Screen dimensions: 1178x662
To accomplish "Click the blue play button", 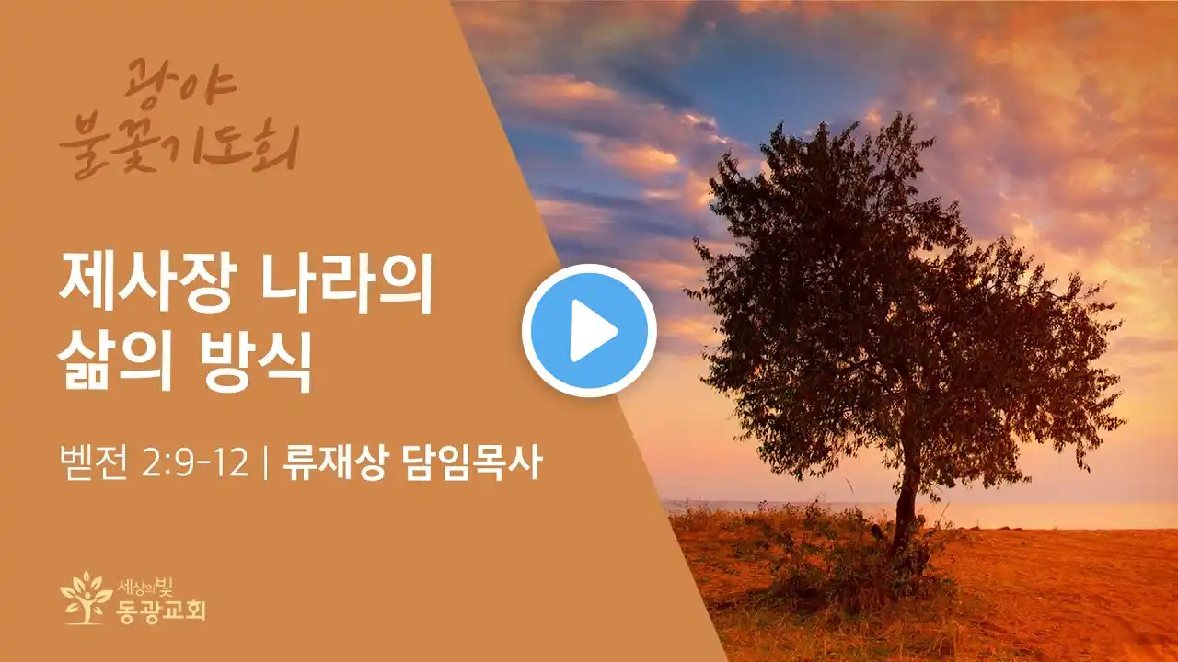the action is pyautogui.click(x=589, y=330).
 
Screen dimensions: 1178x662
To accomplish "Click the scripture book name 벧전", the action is pyautogui.click(x=94, y=462).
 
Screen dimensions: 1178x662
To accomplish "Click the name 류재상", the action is pyautogui.click(x=334, y=462).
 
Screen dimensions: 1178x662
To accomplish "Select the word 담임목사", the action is pyautogui.click(x=472, y=462).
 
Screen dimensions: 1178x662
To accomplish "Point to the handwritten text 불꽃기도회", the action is pyautogui.click(x=179, y=148).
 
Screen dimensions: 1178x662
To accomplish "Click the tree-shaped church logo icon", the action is pyautogui.click(x=87, y=598).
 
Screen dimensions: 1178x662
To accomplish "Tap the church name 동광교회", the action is pyautogui.click(x=161, y=610).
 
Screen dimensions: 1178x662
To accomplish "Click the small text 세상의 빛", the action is pyautogui.click(x=145, y=586).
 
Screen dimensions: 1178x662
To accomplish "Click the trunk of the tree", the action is pyautogui.click(x=906, y=505).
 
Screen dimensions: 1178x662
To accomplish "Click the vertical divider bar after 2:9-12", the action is pyautogui.click(x=265, y=462).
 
